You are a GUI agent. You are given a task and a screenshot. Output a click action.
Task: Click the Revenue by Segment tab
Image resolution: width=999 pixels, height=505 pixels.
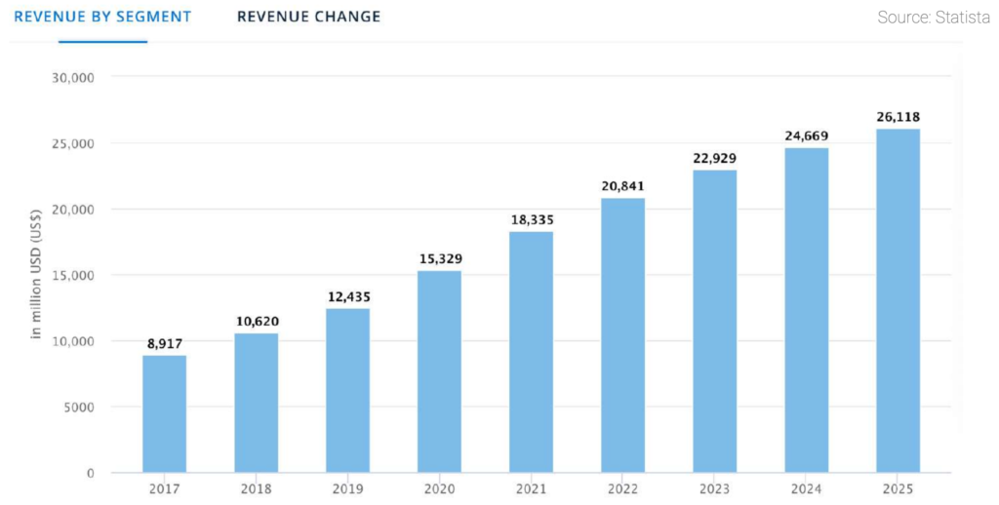tap(102, 18)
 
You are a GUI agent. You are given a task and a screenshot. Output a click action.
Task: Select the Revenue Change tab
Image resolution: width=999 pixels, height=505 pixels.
tap(308, 18)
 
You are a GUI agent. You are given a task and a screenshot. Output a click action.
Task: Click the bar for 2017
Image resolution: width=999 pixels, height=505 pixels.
tap(164, 413)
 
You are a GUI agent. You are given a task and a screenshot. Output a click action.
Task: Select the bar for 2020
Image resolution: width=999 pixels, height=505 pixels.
tap(439, 371)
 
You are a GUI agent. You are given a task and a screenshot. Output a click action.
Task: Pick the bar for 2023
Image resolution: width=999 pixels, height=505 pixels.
tap(714, 321)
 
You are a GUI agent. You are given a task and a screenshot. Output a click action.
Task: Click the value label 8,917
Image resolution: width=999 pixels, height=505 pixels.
tap(164, 343)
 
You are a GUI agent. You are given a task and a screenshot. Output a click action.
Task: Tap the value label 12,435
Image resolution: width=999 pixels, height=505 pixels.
tap(347, 296)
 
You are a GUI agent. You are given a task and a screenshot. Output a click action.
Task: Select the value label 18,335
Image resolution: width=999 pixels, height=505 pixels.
tap(531, 220)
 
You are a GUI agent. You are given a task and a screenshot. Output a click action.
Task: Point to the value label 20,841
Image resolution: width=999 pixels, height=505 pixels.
tap(622, 186)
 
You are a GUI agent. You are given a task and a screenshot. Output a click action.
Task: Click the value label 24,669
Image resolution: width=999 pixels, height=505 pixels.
tap(806, 136)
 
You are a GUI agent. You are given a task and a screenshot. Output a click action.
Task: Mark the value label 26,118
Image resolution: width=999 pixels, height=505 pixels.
tap(898, 116)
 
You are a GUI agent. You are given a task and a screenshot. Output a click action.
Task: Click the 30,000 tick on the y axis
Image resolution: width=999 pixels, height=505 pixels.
tap(72, 78)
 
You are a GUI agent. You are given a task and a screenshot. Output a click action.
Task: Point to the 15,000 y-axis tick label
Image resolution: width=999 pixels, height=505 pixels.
tap(72, 275)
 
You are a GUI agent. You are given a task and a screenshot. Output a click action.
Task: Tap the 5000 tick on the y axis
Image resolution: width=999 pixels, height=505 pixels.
tap(76, 407)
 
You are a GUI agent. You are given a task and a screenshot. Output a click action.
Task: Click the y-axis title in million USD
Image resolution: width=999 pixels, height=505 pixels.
tap(36, 276)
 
